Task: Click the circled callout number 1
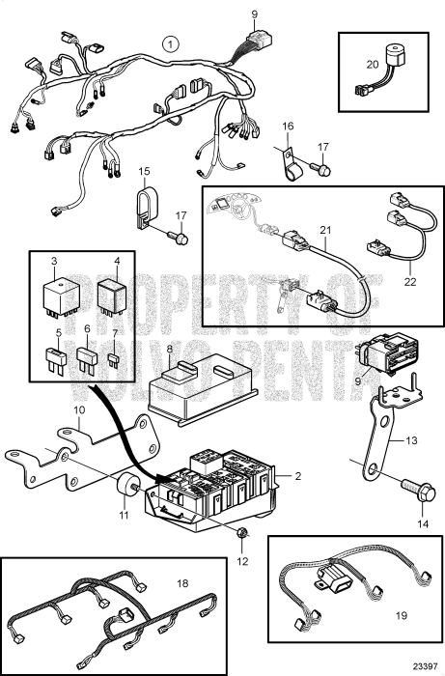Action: [171, 44]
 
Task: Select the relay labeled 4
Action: [111, 297]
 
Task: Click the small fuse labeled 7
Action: [114, 360]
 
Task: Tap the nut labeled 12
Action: [242, 532]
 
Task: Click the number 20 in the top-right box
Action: [373, 65]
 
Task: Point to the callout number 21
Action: [325, 230]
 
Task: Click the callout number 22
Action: [410, 282]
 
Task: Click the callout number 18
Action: [182, 583]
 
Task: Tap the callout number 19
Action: [401, 615]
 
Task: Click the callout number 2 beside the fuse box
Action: [298, 476]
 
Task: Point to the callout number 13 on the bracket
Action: [412, 440]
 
